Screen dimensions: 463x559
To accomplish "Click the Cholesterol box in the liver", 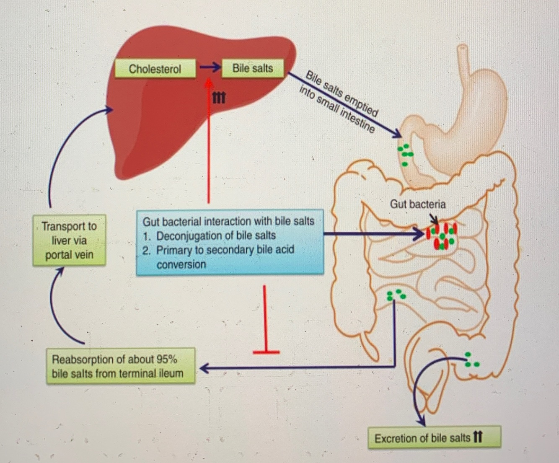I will pos(155,69).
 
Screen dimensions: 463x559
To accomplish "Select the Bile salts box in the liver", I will pos(252,68).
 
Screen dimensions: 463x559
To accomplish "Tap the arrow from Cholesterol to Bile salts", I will pos(210,67).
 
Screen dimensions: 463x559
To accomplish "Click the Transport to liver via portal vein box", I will pos(69,241).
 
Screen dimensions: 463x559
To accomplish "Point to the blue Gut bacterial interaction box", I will pos(230,243).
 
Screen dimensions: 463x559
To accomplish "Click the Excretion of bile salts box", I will pos(434,438).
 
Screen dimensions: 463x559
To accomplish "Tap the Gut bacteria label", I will pos(417,204).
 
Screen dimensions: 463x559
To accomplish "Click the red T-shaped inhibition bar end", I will pos(266,352).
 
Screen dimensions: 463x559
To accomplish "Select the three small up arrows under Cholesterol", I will pos(218,98).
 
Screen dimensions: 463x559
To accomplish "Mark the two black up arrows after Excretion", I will pos(478,437).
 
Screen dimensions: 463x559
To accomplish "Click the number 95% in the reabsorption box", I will pos(166,359).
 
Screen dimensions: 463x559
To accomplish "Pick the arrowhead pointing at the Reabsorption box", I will pos(204,368).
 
